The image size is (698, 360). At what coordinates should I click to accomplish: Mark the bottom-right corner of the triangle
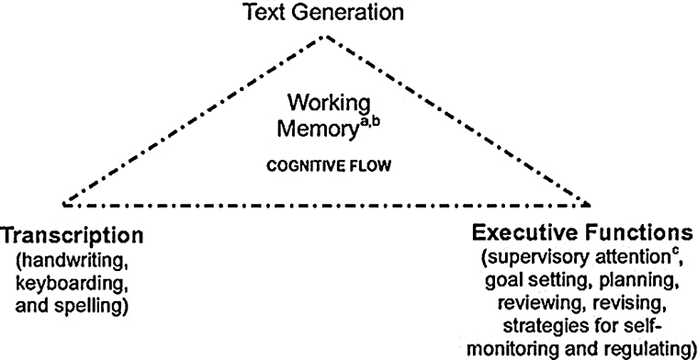pyautogui.click(x=589, y=199)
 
